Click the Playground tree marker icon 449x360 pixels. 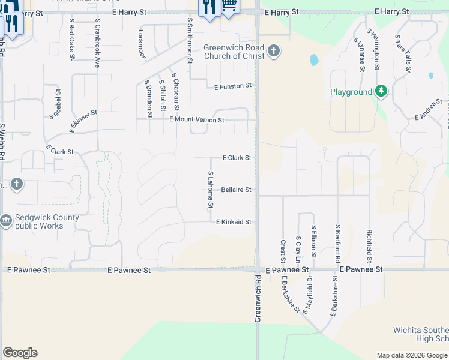[x=381, y=91]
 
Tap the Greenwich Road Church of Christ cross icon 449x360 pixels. [x=274, y=50]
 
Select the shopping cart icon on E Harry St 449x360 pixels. [x=229, y=6]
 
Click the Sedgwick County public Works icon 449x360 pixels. [x=7, y=221]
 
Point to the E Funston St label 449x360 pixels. [x=233, y=86]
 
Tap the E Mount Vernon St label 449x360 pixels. [x=197, y=120]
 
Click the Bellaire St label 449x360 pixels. [x=236, y=190]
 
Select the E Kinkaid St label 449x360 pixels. [x=234, y=222]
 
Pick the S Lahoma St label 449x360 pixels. [x=211, y=190]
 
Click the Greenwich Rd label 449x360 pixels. [x=259, y=299]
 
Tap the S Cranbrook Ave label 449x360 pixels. [x=97, y=41]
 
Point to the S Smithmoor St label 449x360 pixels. [x=190, y=40]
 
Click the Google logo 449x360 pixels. [x=20, y=353]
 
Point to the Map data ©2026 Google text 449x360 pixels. [x=412, y=355]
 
